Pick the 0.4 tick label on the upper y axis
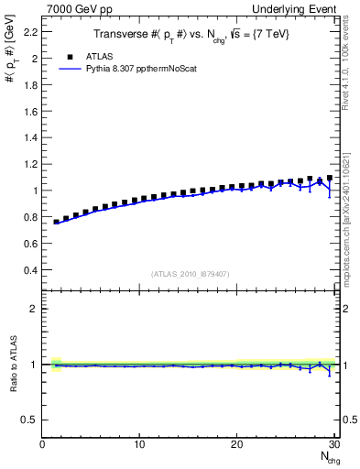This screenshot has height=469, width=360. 31,270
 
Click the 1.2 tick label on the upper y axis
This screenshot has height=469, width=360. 31,164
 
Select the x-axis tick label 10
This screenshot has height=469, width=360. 139,444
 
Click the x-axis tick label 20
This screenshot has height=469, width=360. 236,444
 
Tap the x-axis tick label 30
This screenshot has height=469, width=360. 333,444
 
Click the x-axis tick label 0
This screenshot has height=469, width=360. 42,444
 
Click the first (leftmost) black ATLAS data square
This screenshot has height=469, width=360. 57,222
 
